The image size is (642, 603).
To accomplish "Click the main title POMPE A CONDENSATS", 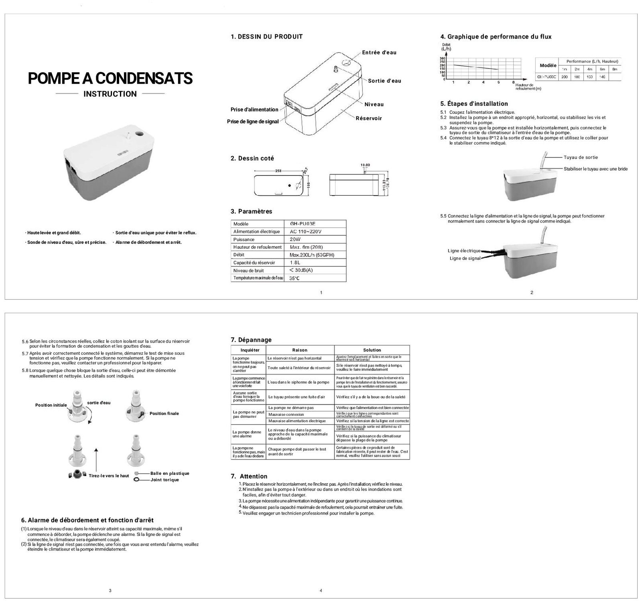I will tap(110, 78).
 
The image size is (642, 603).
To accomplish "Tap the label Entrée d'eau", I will tap(379, 53).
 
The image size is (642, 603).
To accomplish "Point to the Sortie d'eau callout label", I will tap(384, 81).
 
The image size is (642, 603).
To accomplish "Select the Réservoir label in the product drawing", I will tap(368, 118).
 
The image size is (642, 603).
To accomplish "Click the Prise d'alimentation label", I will tap(254, 109).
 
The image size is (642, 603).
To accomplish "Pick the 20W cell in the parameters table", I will tap(295, 239).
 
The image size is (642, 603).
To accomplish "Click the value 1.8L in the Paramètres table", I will tap(295, 263).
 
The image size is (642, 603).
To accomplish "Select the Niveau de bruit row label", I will tap(249, 270).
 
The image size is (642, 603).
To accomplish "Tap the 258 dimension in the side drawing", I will tap(278, 171).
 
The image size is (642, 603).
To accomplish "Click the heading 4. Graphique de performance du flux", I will tap(496, 37).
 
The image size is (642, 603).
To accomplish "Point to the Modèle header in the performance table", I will tap(548, 65).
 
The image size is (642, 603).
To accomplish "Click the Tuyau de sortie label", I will tap(581, 157).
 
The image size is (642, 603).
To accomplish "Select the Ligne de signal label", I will tap(465, 258).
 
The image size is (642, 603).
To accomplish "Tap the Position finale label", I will tap(164, 413).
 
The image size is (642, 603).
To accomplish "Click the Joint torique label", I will tap(165, 480).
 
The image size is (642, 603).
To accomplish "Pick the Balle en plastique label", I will tap(170, 473).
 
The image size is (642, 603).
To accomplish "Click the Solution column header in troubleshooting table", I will tap(372, 350).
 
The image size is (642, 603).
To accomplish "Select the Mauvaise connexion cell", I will tap(286, 414).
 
